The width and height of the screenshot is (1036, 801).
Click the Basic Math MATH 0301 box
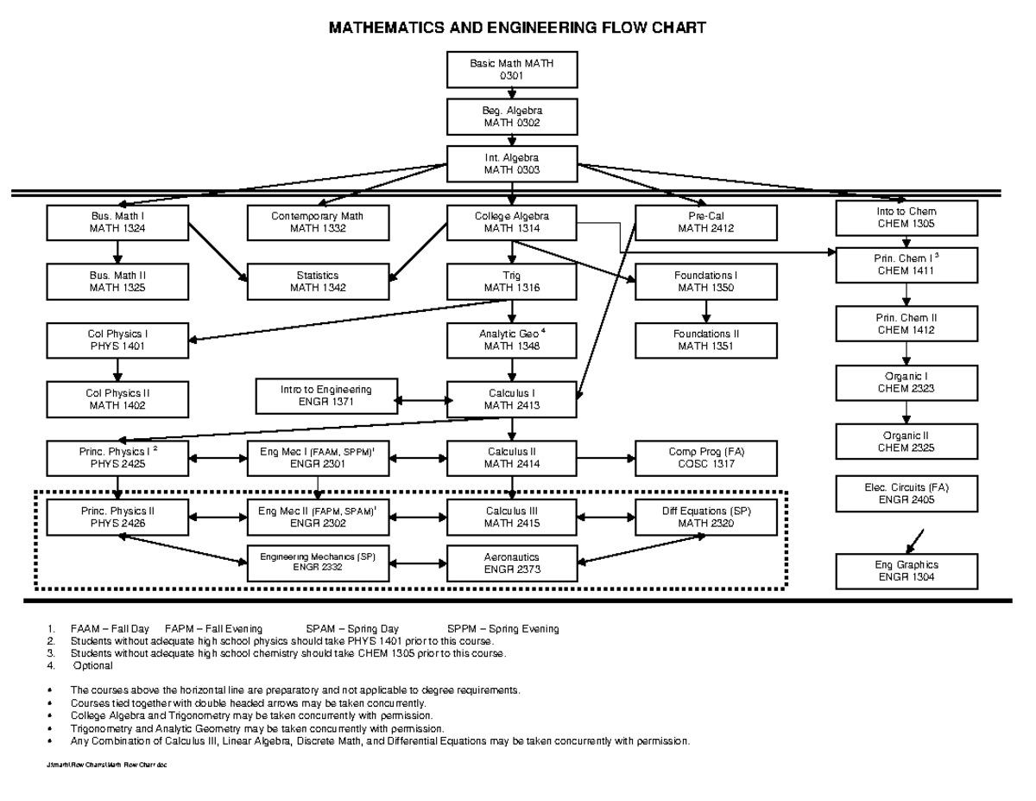[x=512, y=69]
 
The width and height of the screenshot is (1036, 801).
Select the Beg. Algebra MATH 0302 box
[x=512, y=117]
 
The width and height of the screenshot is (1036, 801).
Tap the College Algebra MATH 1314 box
[x=512, y=222]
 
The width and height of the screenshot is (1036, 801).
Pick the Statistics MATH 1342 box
[x=318, y=282]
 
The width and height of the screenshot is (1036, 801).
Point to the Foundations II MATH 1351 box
[x=705, y=340]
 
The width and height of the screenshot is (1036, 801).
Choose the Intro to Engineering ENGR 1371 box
[x=325, y=395]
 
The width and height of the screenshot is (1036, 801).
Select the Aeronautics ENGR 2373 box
[x=512, y=564]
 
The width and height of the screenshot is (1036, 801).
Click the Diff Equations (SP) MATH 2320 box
[x=705, y=517]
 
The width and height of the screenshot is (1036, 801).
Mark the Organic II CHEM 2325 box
[x=906, y=442]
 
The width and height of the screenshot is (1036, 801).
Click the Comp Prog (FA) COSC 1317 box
[x=705, y=458]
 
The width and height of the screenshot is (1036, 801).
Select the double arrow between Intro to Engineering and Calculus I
[x=422, y=400]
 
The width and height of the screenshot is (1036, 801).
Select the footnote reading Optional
[x=92, y=666]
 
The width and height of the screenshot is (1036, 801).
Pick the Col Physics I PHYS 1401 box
[x=117, y=340]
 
